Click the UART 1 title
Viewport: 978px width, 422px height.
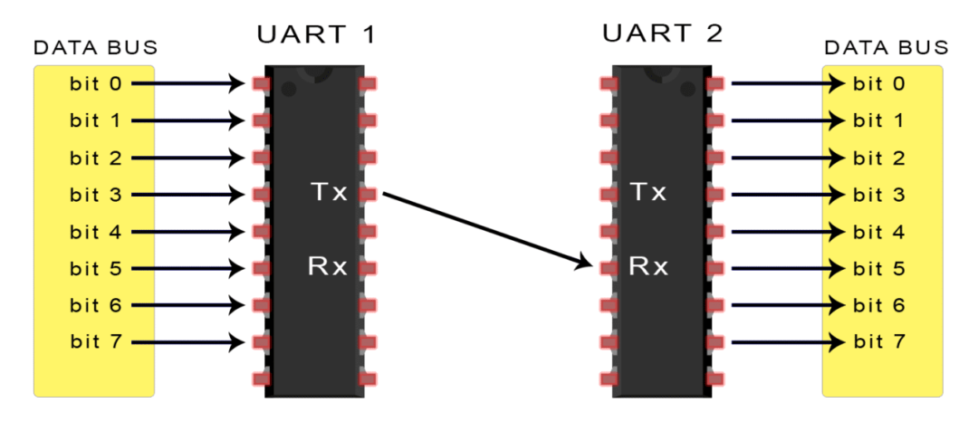tap(316, 35)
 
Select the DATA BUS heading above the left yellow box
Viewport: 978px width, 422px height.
tap(95, 47)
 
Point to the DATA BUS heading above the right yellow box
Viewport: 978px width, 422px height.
tap(886, 47)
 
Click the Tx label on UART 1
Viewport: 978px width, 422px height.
tap(327, 193)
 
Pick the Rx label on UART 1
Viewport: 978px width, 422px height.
tap(327, 267)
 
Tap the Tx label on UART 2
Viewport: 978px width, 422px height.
tap(647, 193)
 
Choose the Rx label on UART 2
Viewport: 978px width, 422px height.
tap(648, 267)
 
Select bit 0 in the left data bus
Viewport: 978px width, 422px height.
tap(95, 84)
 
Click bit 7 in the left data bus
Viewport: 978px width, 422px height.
tap(95, 342)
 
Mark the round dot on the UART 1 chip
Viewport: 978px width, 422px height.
tap(288, 89)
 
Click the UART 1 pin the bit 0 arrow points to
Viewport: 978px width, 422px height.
tap(262, 84)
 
